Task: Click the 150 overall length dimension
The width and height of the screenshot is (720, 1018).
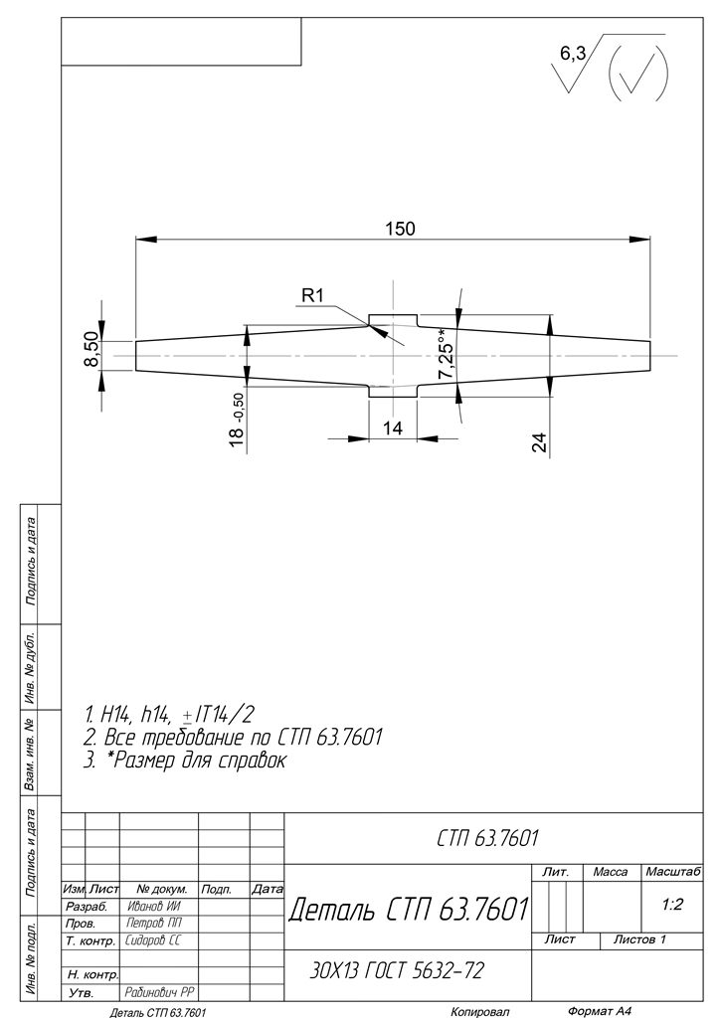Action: coord(400,229)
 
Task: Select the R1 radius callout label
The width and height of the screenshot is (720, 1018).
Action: coord(312,296)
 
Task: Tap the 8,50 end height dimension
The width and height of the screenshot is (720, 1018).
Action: coord(91,349)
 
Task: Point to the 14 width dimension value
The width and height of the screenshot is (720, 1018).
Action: coord(393,427)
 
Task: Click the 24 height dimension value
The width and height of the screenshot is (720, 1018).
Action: coord(539,442)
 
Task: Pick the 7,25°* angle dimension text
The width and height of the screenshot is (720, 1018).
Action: coord(447,354)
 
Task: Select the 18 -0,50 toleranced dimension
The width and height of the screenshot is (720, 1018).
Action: coord(237,420)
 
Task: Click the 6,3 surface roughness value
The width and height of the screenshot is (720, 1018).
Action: coord(573,55)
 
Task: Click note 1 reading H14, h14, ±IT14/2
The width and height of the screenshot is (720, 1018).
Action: coord(169,716)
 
